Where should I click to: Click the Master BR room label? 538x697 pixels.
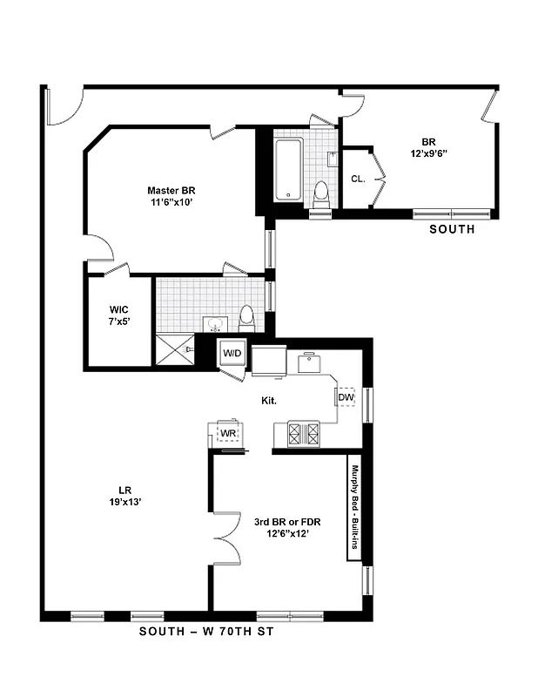[169, 196]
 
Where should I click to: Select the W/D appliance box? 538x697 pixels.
[232, 352]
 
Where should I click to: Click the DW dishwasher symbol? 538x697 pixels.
[346, 397]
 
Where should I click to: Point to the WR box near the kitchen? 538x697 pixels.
[228, 432]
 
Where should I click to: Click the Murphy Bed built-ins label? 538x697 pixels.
[355, 507]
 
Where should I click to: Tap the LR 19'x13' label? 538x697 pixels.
[119, 495]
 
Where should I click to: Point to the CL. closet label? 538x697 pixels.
[358, 179]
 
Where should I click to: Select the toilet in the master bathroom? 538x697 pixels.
[246, 317]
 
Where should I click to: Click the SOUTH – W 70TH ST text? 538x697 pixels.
[207, 633]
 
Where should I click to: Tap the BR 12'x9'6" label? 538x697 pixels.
[428, 147]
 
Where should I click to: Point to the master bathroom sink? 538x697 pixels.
[215, 324]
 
